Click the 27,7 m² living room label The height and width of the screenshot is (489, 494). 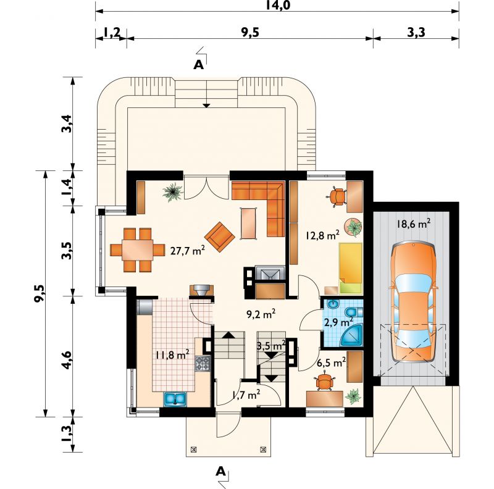pyautogui.click(x=188, y=251)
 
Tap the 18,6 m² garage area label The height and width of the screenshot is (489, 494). pyautogui.click(x=413, y=224)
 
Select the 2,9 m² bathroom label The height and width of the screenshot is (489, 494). pyautogui.click(x=338, y=323)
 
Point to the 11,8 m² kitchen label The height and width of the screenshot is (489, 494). pyautogui.click(x=172, y=355)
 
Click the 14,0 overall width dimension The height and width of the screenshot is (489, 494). pyautogui.click(x=277, y=6)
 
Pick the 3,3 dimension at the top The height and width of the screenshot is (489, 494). pyautogui.click(x=416, y=32)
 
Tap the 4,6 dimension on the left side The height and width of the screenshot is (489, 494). pyautogui.click(x=67, y=360)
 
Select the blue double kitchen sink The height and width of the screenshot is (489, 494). pyautogui.click(x=175, y=399)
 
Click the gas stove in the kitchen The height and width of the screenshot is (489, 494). pyautogui.click(x=203, y=363)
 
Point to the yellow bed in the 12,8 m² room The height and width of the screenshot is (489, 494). pyautogui.click(x=350, y=269)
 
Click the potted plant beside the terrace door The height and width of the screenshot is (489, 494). pyautogui.click(x=173, y=192)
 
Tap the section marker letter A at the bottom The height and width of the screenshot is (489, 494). pyautogui.click(x=221, y=472)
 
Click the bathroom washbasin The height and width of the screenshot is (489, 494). pyautogui.click(x=333, y=304)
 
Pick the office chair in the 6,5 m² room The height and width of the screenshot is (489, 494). pyautogui.click(x=325, y=382)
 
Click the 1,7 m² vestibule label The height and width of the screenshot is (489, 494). pyautogui.click(x=246, y=394)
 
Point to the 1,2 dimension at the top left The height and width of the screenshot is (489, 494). pyautogui.click(x=111, y=32)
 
